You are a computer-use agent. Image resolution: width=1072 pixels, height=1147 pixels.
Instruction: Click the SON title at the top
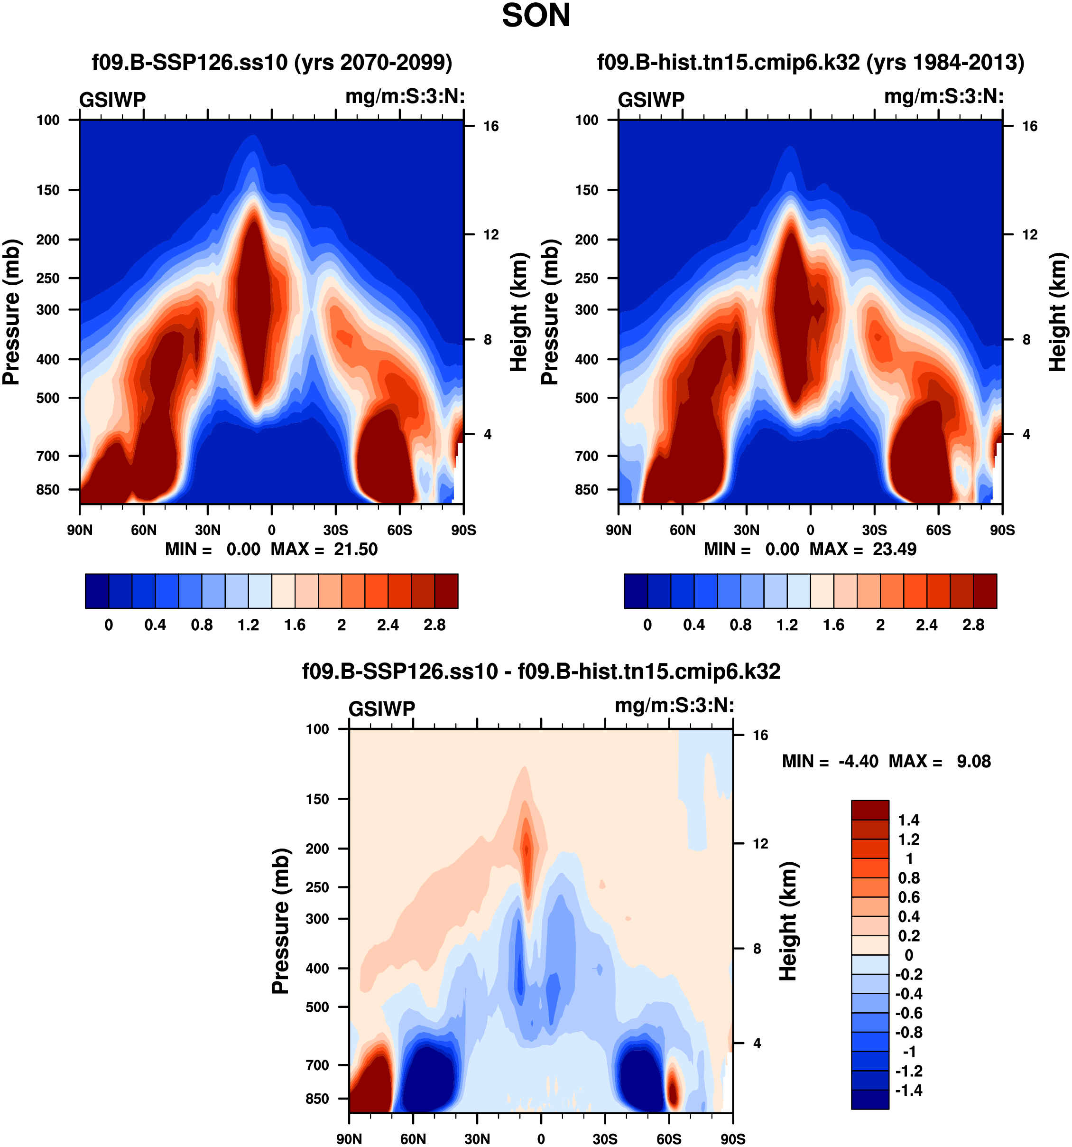point(536,16)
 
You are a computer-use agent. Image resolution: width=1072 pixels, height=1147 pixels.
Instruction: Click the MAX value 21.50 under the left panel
point(355,549)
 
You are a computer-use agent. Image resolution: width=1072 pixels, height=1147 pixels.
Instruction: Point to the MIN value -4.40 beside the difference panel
point(858,761)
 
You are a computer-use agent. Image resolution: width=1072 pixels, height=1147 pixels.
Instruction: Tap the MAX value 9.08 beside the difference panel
point(973,761)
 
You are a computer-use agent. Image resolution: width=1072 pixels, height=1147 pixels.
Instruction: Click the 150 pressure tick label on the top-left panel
point(48,190)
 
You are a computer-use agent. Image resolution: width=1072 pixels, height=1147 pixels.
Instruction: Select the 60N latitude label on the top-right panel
point(682,530)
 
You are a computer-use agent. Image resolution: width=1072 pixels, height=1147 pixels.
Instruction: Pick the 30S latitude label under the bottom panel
point(605,1139)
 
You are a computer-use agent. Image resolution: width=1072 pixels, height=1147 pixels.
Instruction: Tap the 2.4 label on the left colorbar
point(388,625)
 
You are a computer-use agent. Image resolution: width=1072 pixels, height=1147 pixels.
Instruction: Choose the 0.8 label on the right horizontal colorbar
point(740,625)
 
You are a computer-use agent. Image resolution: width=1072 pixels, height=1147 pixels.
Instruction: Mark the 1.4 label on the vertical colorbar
point(908,820)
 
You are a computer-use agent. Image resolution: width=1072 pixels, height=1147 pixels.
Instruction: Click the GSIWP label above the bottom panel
point(382,709)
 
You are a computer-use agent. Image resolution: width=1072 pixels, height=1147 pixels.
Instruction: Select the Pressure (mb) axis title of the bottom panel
point(280,921)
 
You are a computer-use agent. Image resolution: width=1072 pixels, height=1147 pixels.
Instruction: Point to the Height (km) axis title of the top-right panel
point(1056,312)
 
